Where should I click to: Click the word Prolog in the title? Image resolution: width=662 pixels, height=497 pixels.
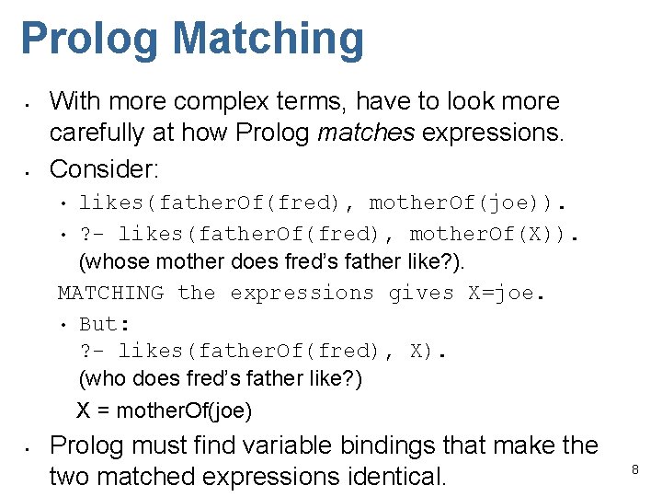(90, 40)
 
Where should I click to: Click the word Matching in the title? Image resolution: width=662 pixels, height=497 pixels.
(268, 40)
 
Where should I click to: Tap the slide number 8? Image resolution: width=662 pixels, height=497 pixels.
(634, 470)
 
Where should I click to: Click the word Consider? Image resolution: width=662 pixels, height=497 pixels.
(105, 168)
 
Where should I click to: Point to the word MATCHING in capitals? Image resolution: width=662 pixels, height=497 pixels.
(110, 294)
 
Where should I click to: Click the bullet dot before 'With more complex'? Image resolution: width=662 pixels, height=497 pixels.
(29, 101)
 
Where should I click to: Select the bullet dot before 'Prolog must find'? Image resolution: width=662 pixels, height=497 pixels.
(29, 447)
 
